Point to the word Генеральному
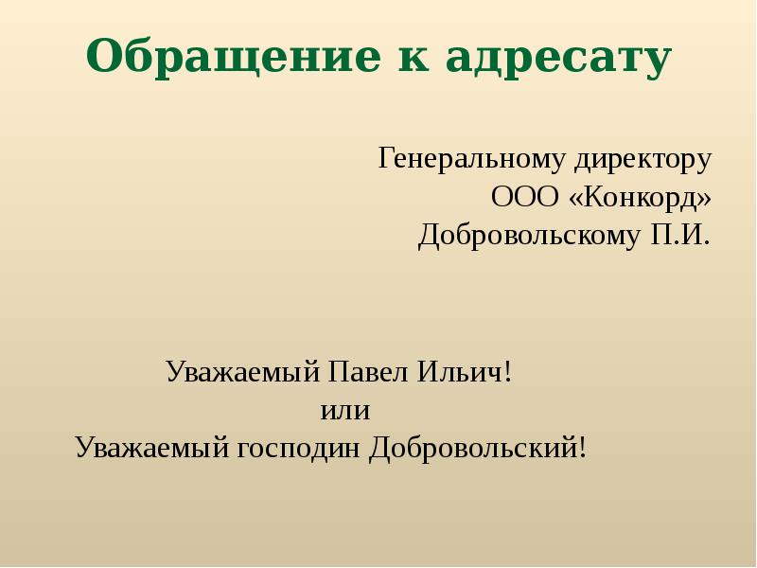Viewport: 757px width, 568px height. [x=471, y=159]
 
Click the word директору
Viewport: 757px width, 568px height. [x=643, y=159]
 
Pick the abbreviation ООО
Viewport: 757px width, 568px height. [x=526, y=197]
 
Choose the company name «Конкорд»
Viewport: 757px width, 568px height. [x=640, y=197]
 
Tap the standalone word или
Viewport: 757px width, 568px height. [x=344, y=411]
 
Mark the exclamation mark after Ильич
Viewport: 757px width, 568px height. [x=508, y=370]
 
